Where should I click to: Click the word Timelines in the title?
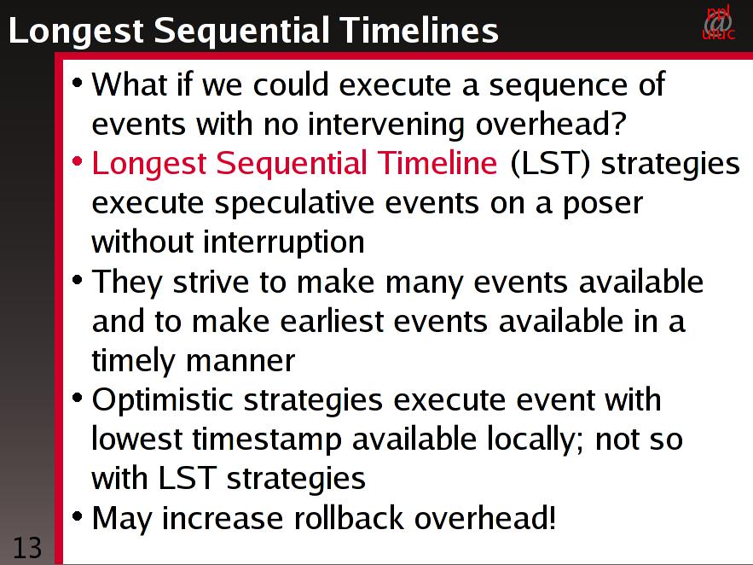point(420,30)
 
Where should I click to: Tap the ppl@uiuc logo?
point(718,22)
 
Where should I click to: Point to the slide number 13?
point(27,548)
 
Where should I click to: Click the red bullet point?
point(77,161)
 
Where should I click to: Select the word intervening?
point(385,124)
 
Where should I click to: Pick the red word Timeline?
point(437,162)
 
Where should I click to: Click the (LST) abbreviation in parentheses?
point(550,163)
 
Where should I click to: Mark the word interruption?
point(283,242)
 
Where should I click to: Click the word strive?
point(211,282)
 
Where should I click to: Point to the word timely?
point(133,361)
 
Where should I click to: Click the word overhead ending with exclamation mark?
point(485,518)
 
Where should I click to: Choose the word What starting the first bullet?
point(129,84)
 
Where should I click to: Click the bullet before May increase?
point(77,516)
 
